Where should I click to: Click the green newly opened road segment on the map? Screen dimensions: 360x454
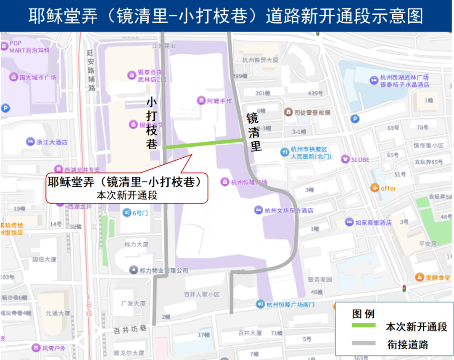click(x=204, y=143)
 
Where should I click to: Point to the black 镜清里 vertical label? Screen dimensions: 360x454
click(x=253, y=132)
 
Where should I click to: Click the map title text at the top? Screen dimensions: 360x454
click(x=227, y=16)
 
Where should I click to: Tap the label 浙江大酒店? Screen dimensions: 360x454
click(x=52, y=142)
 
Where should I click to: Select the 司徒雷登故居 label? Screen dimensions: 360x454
click(x=312, y=112)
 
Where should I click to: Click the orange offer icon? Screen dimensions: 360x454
click(x=375, y=188)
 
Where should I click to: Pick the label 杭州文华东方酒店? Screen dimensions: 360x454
click(x=289, y=210)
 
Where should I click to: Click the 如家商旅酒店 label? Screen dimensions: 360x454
click(x=373, y=222)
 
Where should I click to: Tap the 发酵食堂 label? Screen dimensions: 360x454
click(x=438, y=278)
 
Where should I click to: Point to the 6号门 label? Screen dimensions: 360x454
click(x=140, y=213)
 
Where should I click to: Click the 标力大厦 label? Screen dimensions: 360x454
click(x=136, y=244)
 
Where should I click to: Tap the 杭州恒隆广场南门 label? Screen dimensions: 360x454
click(x=290, y=304)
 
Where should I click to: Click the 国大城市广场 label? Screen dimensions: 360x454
click(x=38, y=77)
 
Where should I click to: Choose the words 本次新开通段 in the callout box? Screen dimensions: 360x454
click(x=127, y=196)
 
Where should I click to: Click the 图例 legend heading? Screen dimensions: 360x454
click(x=363, y=314)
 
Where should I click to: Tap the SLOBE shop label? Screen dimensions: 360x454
click(x=360, y=160)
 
